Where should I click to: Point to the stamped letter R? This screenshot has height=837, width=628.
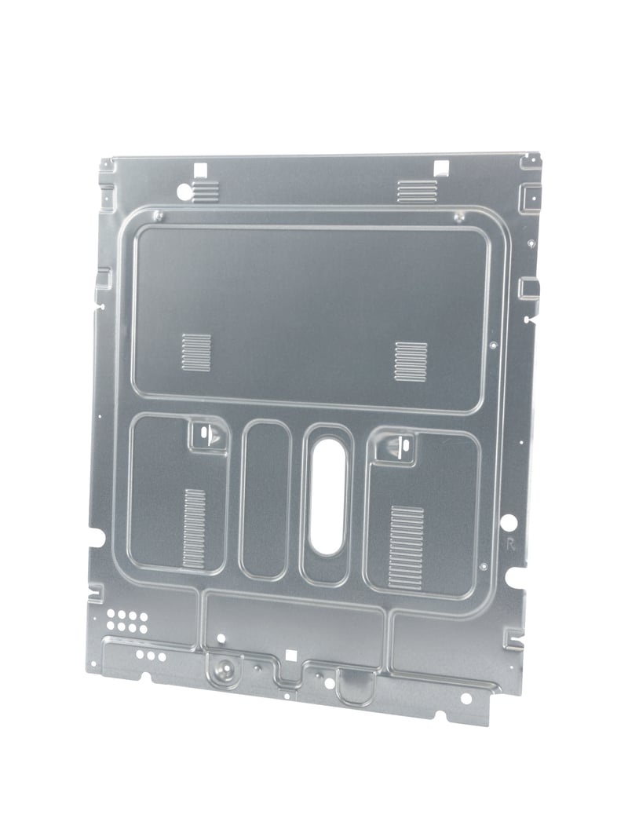(510, 545)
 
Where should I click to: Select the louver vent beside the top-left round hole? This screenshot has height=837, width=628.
(206, 191)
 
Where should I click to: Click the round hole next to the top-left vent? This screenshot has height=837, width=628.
(184, 188)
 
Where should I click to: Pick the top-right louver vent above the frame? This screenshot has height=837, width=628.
(417, 191)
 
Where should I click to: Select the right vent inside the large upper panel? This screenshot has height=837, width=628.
(411, 361)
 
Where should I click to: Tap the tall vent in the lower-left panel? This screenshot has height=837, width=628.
(195, 528)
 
